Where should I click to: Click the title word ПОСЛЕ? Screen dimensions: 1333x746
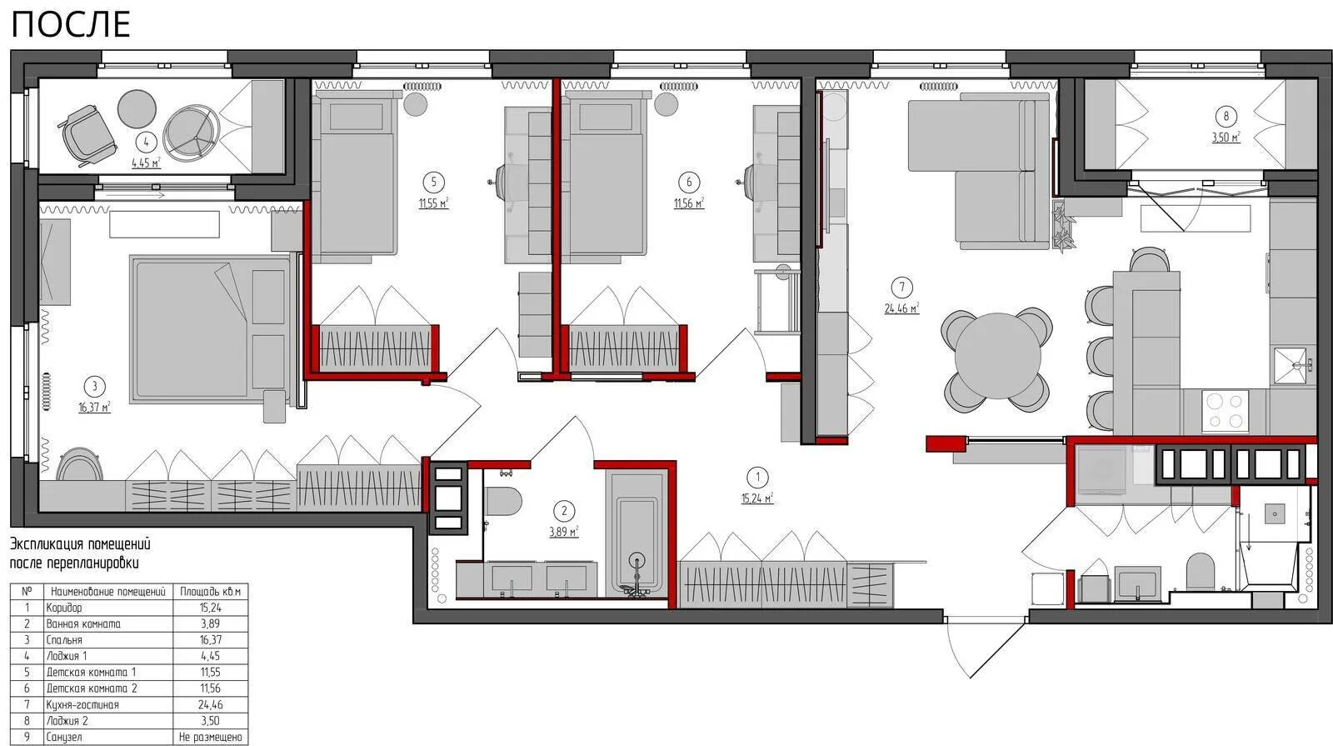(x=71, y=26)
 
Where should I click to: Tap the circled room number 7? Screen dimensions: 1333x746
(x=901, y=288)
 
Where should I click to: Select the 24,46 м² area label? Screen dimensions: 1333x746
(x=901, y=308)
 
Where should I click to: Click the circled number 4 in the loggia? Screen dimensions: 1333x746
(x=146, y=143)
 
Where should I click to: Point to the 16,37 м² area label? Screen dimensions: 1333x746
(x=95, y=408)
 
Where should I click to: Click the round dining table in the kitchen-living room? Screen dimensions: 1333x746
(x=997, y=356)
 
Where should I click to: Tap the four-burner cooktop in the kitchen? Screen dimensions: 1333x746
(x=1226, y=411)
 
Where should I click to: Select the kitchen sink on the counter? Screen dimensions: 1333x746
(x=1292, y=365)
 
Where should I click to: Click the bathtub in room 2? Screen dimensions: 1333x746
(x=637, y=533)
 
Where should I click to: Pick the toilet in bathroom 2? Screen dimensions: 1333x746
(x=503, y=501)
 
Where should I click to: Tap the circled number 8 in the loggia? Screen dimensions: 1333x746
(x=1226, y=116)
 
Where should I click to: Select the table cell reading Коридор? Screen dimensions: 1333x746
(x=64, y=608)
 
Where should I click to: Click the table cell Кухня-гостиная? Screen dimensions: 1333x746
(x=82, y=705)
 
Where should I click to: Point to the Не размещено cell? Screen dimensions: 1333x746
(x=211, y=737)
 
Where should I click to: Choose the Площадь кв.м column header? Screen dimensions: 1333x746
(x=211, y=592)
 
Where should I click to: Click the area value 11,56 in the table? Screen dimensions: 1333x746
(x=211, y=688)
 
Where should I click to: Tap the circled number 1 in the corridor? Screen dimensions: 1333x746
(x=757, y=477)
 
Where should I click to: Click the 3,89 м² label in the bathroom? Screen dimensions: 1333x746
(x=563, y=532)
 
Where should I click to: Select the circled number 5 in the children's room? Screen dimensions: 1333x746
(x=433, y=183)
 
